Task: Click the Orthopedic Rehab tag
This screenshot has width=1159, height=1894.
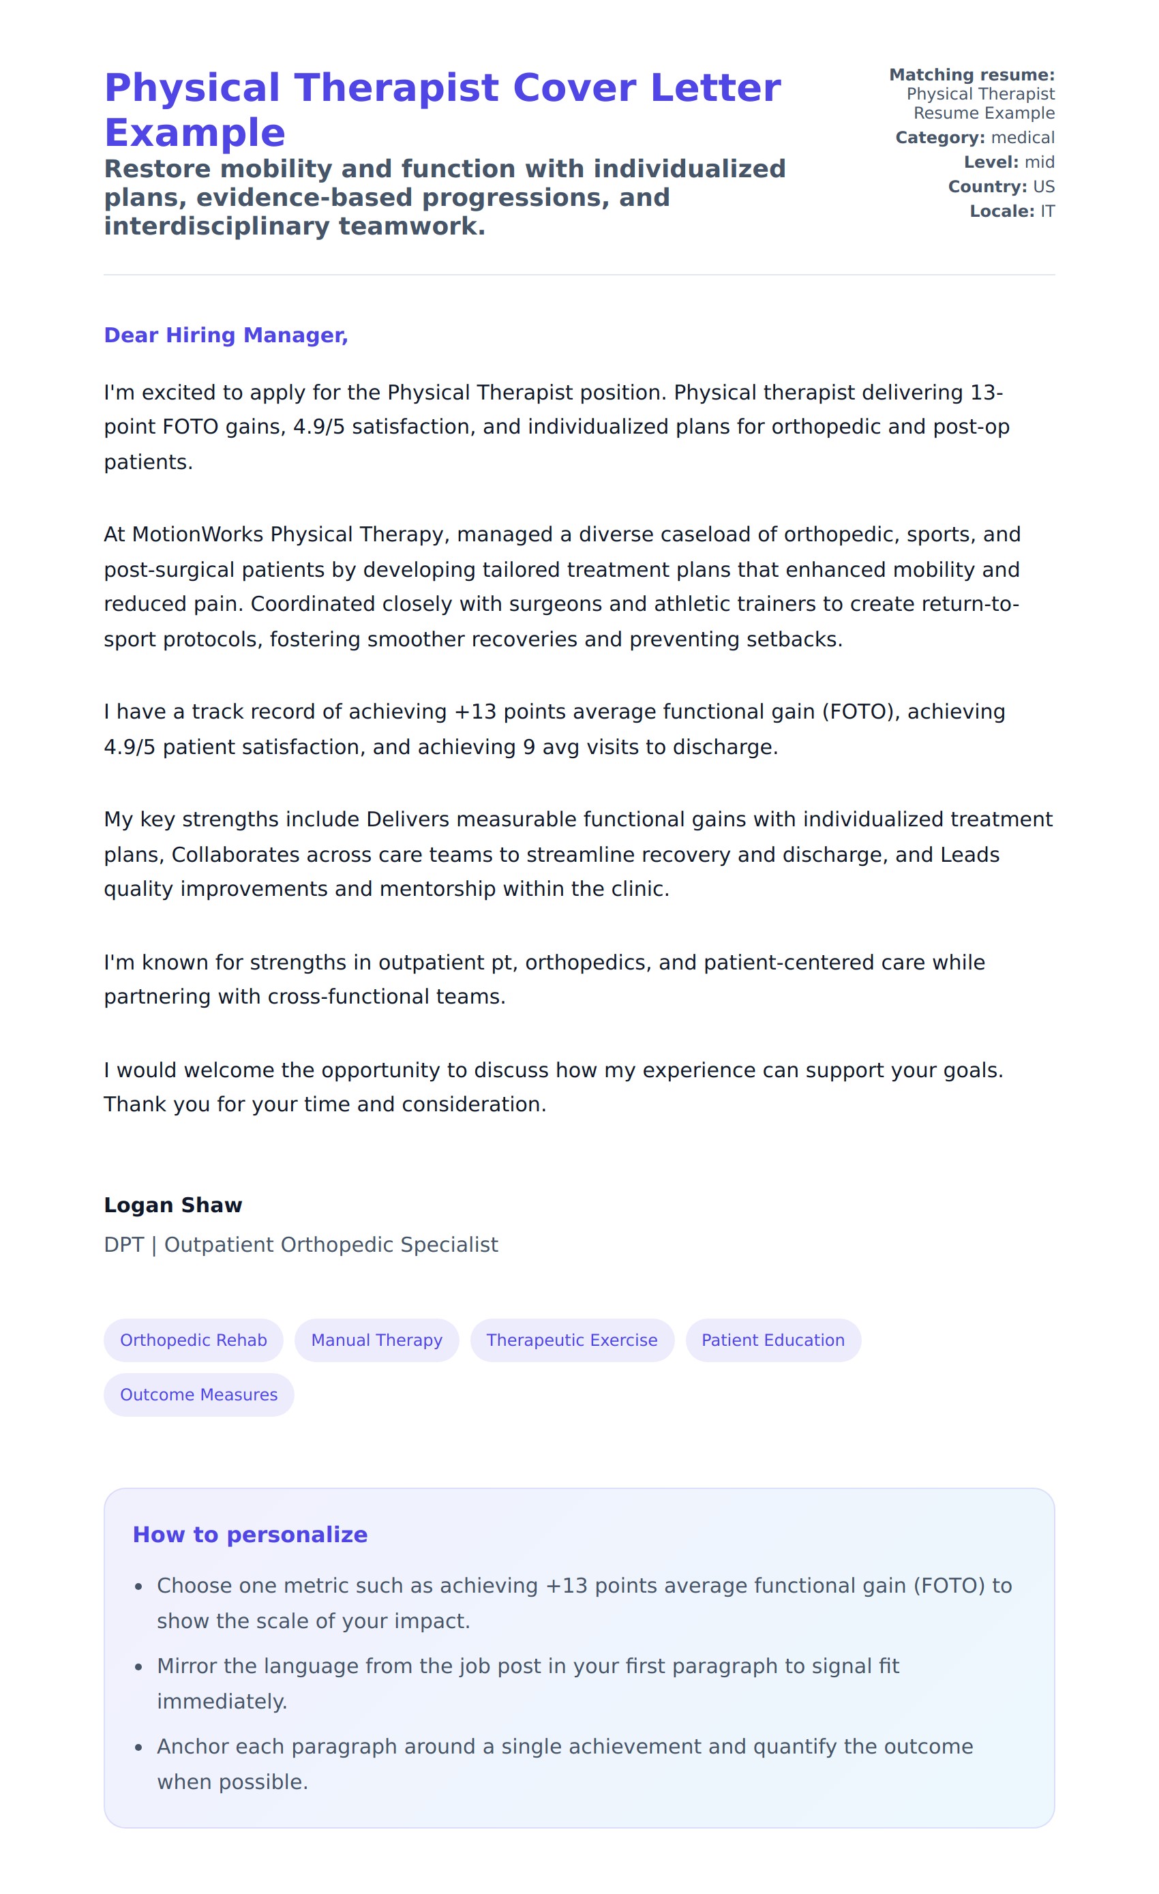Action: coord(193,1340)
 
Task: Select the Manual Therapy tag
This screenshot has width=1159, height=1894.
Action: coord(376,1340)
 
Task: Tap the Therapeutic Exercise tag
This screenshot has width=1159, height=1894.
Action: coord(572,1340)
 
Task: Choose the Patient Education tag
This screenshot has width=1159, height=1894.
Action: coord(772,1340)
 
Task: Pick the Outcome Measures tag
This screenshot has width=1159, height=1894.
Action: coord(198,1394)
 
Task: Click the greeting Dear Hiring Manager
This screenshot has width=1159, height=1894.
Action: coord(226,335)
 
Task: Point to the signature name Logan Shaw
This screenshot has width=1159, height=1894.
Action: coord(173,1205)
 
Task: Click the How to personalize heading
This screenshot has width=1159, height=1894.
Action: coord(250,1534)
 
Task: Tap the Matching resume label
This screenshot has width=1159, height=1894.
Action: coord(972,74)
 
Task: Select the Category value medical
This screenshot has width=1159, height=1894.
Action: coord(1022,138)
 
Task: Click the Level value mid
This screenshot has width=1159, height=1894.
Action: coord(1039,162)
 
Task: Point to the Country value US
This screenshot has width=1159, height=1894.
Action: coord(1043,187)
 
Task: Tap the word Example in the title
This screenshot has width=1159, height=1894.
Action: coord(194,133)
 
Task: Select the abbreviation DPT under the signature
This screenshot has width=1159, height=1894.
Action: coord(123,1244)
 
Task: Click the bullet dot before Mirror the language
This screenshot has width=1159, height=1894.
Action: coord(138,1667)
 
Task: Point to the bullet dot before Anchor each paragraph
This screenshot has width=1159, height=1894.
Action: coord(138,1748)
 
